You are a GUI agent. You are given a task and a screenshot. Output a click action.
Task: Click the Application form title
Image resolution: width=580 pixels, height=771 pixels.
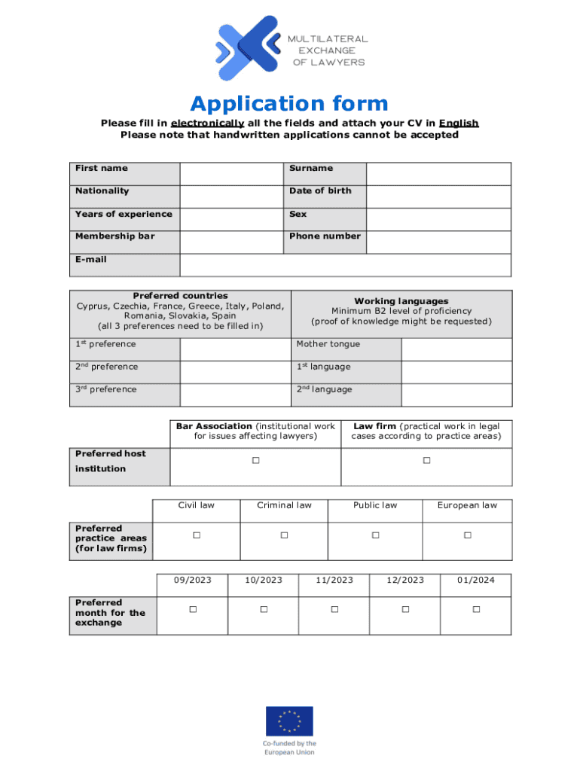coord(289,103)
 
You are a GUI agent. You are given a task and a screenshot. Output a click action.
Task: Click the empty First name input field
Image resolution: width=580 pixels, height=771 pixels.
coord(231,173)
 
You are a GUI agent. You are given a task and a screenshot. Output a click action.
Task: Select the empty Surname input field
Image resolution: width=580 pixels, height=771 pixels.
coord(438,173)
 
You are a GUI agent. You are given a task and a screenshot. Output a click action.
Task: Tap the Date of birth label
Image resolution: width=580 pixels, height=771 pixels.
coord(320,191)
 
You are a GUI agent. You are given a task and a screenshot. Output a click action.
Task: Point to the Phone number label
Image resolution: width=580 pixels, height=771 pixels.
coord(325,236)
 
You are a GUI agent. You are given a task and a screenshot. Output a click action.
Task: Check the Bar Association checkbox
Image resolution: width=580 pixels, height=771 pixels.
coord(255,460)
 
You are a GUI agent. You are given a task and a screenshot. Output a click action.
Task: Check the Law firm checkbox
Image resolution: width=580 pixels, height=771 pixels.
coord(426,460)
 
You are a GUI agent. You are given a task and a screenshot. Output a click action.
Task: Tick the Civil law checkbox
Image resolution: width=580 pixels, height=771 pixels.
coord(196,535)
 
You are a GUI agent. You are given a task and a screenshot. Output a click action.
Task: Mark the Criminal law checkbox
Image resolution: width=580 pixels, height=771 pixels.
coord(284,535)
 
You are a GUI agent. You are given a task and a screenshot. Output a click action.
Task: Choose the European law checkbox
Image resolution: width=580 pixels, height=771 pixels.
coord(467,535)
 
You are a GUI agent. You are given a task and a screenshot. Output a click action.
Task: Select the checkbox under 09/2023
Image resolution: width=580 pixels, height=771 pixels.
coord(192,608)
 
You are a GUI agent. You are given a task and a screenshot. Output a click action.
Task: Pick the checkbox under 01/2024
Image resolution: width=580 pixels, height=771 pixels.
coord(476,608)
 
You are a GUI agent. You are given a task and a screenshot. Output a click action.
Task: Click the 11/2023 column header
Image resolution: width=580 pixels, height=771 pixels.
coord(334,580)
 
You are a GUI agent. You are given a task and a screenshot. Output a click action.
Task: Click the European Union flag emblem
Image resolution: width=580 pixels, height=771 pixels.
coord(289,721)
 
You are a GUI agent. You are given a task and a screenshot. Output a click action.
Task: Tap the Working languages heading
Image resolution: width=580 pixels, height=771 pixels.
coord(401,301)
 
